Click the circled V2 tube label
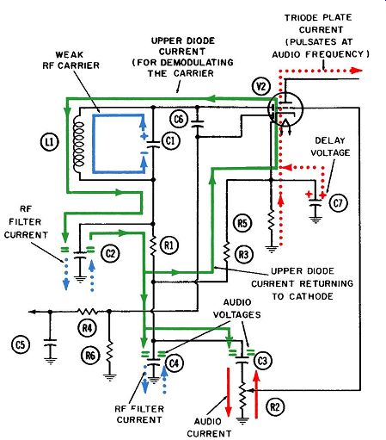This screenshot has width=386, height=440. pyautogui.click(x=261, y=86)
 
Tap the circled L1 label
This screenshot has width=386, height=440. pyautogui.click(x=50, y=142)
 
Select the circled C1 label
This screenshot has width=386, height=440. pyautogui.click(x=171, y=140)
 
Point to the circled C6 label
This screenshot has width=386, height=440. pyautogui.click(x=179, y=119)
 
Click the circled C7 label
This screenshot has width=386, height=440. pyautogui.click(x=339, y=203)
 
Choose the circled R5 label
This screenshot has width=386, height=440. pyautogui.click(x=242, y=223)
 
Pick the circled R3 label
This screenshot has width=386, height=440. pyautogui.click(x=244, y=254)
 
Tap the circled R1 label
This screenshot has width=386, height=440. pyautogui.click(x=169, y=245)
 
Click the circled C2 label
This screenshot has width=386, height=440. pyautogui.click(x=110, y=253)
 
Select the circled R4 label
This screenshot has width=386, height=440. pyautogui.click(x=87, y=327)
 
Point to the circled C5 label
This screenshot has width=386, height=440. pyautogui.click(x=21, y=344)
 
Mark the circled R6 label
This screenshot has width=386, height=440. pyautogui.click(x=90, y=356)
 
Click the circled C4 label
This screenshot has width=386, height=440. pyautogui.click(x=175, y=363)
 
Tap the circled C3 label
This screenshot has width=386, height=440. pyautogui.click(x=262, y=361)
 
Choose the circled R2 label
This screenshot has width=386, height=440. pyautogui.click(x=275, y=406)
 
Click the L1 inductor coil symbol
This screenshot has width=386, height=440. pyautogui.click(x=79, y=144)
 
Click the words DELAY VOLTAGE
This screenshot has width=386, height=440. pyautogui.click(x=330, y=146)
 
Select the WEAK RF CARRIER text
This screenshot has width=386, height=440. pyautogui.click(x=70, y=60)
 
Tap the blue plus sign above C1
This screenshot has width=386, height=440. pyautogui.click(x=144, y=137)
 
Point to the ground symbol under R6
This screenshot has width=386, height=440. pyautogui.click(x=109, y=377)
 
